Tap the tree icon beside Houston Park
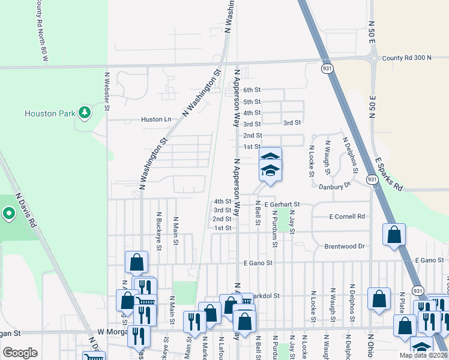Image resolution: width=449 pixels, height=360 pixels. click(x=85, y=112)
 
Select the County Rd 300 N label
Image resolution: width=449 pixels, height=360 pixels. click(x=406, y=58)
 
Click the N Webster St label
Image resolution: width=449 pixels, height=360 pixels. click(x=107, y=91)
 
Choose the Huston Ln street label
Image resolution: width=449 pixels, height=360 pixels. click(x=156, y=119)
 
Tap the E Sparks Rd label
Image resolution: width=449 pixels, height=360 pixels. click(x=389, y=174)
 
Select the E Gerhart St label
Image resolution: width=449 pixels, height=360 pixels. click(x=294, y=205)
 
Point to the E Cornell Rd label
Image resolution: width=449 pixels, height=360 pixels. click(x=347, y=216)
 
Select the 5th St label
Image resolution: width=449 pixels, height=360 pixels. click(x=252, y=102)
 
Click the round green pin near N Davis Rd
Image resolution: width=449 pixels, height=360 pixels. click(x=8, y=213)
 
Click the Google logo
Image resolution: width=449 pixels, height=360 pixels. click(x=20, y=353)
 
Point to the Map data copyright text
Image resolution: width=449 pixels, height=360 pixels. click(x=423, y=355)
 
